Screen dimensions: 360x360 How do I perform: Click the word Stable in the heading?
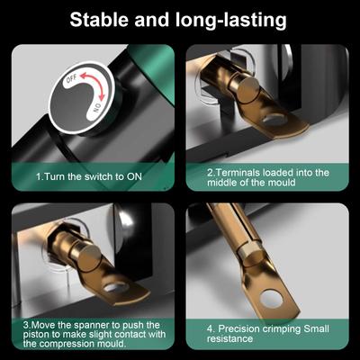click(x=99, y=20)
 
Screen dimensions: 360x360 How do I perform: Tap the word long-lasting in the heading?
click(x=230, y=22)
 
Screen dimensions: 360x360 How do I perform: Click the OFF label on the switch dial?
click(x=71, y=79)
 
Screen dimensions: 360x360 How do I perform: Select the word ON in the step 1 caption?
click(x=134, y=176)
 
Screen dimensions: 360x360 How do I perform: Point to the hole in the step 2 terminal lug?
click(x=274, y=121)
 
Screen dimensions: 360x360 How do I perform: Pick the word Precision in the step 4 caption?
click(x=238, y=328)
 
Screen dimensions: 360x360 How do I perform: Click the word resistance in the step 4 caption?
click(x=229, y=339)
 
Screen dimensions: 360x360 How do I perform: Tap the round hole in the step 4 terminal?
click(x=272, y=300)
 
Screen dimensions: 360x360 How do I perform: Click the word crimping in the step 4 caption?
click(x=281, y=329)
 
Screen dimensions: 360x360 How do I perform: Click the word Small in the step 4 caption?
click(x=316, y=328)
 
